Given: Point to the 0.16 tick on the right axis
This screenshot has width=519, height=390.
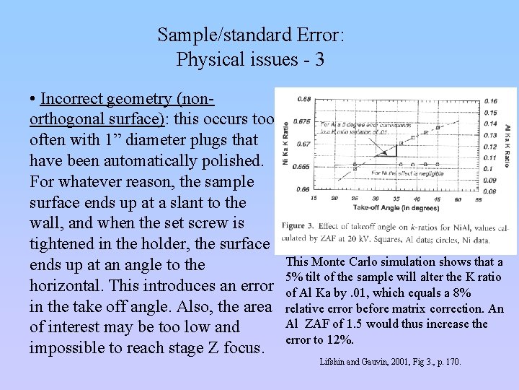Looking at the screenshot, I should coord(491,101).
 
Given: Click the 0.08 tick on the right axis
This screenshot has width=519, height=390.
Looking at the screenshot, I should coord(491,191).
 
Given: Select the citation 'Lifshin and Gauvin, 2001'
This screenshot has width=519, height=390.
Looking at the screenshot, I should coord(367,361).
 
